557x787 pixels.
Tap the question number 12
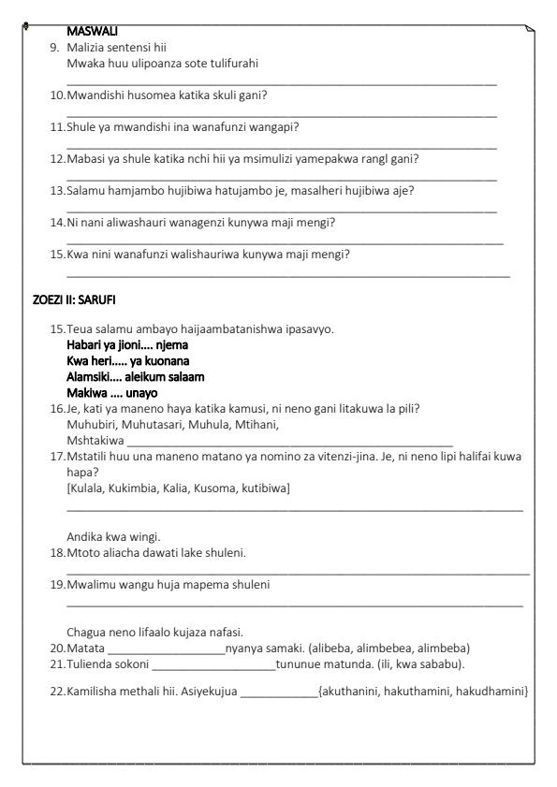coord(58,158)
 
